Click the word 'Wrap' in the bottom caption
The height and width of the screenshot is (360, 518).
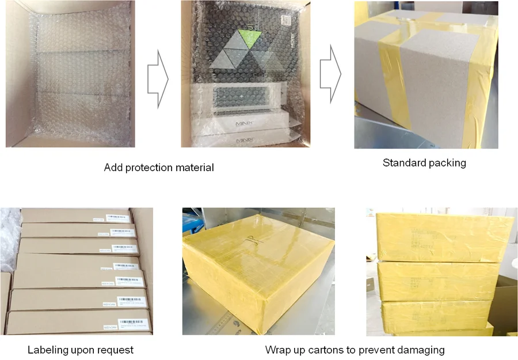(277, 350)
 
